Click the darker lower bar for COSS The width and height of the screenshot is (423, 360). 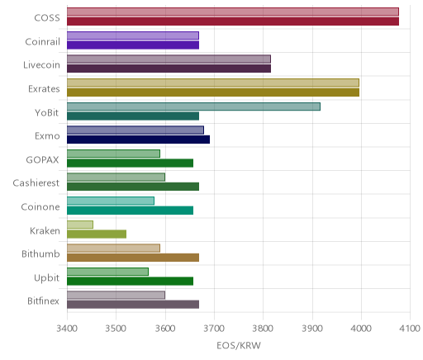click(x=233, y=21)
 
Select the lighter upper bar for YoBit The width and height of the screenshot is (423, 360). click(x=193, y=107)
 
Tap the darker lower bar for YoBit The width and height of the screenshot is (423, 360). click(x=133, y=116)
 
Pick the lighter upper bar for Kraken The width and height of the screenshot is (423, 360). click(x=80, y=225)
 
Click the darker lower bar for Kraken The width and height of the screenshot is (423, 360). click(x=97, y=234)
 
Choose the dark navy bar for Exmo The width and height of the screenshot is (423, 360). click(x=138, y=140)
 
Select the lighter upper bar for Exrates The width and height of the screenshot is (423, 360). click(x=213, y=83)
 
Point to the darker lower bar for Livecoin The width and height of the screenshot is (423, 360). click(x=169, y=69)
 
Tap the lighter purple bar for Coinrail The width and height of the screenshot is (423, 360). click(x=133, y=36)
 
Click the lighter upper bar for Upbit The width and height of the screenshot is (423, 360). click(x=107, y=272)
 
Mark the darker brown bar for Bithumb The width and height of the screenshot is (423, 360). click(x=133, y=258)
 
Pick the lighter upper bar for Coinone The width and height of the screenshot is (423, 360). click(x=111, y=201)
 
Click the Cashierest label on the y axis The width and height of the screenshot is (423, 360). click(x=36, y=183)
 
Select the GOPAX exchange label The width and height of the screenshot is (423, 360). click(x=42, y=159)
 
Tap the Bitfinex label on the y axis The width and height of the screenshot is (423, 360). click(x=43, y=301)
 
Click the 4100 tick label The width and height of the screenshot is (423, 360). click(x=410, y=329)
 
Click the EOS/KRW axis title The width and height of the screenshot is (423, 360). click(x=239, y=346)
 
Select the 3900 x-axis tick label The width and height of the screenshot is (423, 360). click(x=312, y=329)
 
